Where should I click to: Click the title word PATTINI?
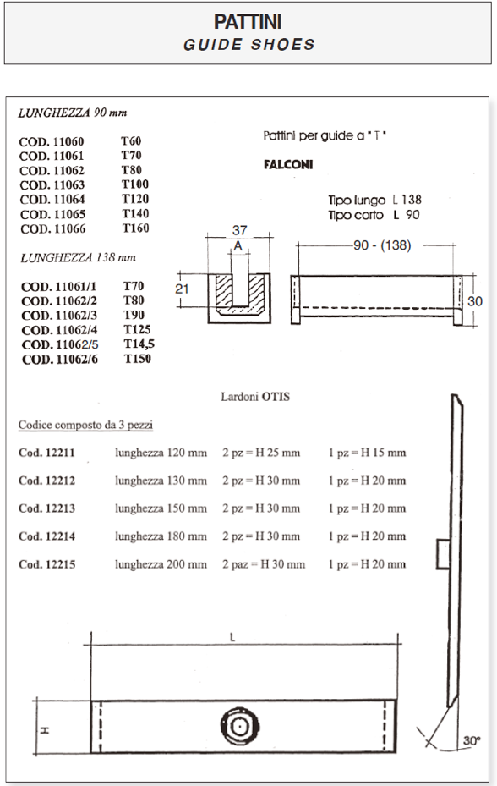[248, 23]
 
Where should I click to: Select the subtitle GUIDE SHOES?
[248, 45]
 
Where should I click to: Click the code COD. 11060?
[52, 142]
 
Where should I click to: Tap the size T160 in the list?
[135, 228]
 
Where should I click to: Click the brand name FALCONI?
[283, 165]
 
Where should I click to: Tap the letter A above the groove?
[238, 245]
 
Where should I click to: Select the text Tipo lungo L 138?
[374, 201]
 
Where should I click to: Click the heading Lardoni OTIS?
[254, 396]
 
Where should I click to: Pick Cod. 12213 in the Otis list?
[46, 508]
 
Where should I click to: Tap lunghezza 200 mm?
[161, 564]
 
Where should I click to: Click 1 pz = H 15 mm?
[367, 453]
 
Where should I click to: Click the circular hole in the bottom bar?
[239, 726]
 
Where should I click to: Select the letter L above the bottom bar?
[232, 639]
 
